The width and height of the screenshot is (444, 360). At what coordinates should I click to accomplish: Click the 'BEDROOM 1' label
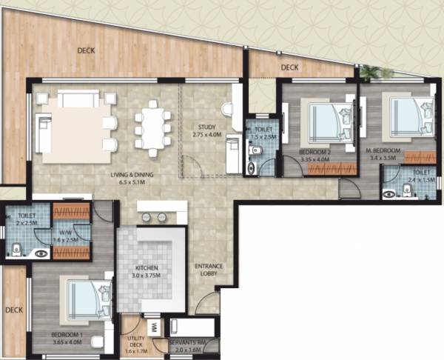(x=67, y=334)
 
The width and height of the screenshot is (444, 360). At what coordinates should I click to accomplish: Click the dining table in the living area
(x=151, y=130)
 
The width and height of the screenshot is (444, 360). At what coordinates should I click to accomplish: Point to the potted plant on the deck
(x=371, y=71)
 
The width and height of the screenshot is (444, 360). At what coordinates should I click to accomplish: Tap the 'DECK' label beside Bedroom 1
(x=13, y=310)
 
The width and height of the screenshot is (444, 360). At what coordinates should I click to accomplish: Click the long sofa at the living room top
(x=78, y=99)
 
